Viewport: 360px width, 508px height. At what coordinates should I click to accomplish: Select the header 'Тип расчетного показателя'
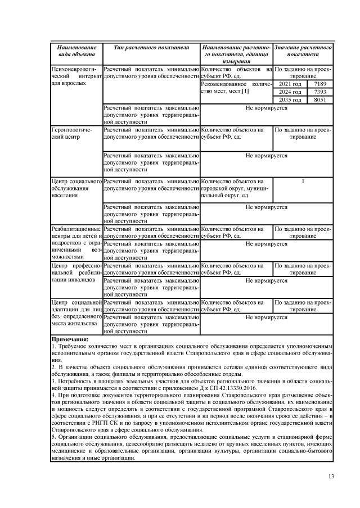[x=151, y=48]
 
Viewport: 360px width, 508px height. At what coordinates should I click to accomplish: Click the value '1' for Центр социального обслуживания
[x=303, y=182]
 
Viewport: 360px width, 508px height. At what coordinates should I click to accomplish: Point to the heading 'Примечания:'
[x=70, y=339]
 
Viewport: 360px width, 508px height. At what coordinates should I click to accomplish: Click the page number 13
[x=331, y=477]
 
